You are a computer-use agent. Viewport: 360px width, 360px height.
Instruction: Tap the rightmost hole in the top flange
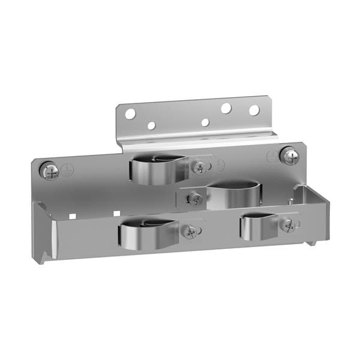(x=254, y=110)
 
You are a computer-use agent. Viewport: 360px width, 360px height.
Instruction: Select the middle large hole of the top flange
(x=226, y=109)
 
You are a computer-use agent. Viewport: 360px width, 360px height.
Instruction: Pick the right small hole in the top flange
(x=205, y=122)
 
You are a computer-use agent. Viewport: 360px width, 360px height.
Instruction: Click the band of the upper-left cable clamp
(x=155, y=171)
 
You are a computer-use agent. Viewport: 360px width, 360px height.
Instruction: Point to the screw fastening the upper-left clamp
(x=199, y=167)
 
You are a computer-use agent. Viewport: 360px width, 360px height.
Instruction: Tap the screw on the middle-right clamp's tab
(x=193, y=197)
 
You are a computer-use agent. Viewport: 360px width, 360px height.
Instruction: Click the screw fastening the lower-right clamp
(x=289, y=225)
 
